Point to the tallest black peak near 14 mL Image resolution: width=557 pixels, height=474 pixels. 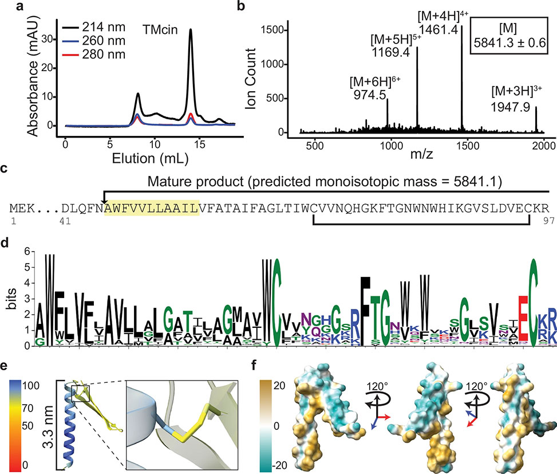pyautogui.click(x=191, y=31)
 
